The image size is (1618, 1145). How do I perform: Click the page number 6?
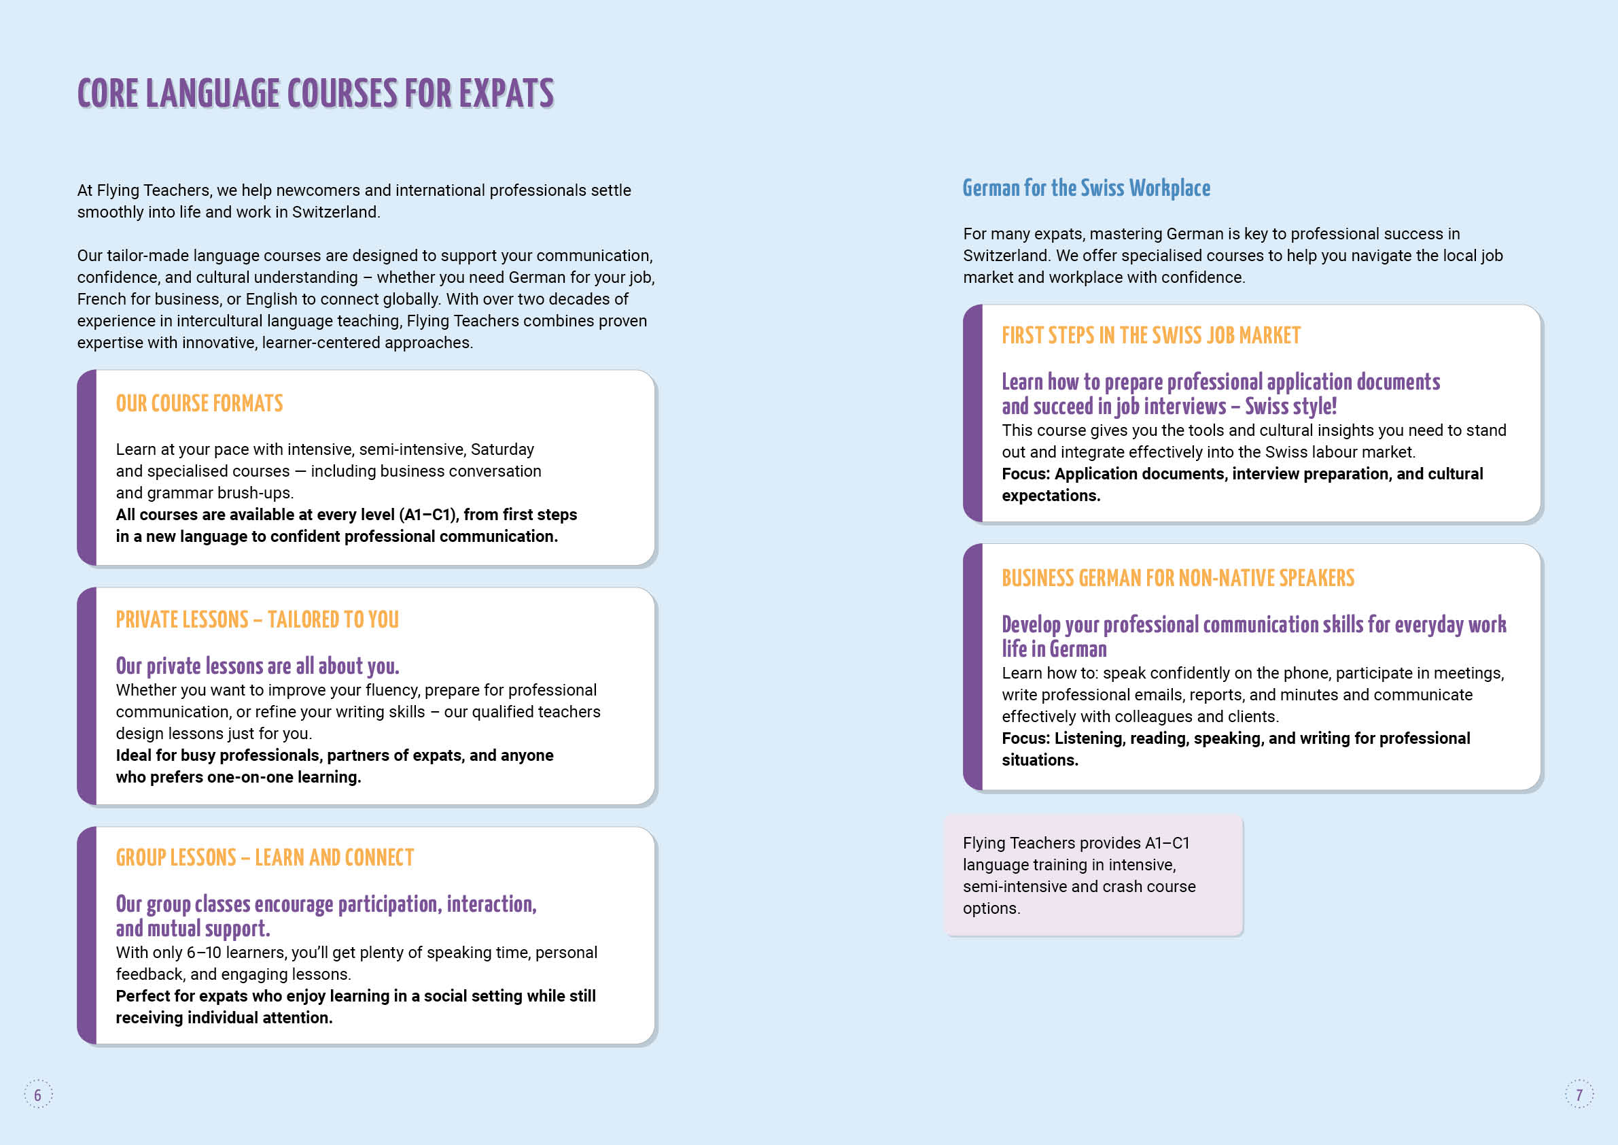pyautogui.click(x=38, y=1095)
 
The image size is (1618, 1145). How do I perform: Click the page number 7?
pyautogui.click(x=1579, y=1095)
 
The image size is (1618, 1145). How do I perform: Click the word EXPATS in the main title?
pyautogui.click(x=506, y=94)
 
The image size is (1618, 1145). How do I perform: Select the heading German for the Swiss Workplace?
pyautogui.click(x=1086, y=188)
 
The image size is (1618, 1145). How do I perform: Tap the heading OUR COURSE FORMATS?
pyautogui.click(x=199, y=403)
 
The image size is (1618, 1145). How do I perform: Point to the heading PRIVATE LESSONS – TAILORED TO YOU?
pyautogui.click(x=258, y=619)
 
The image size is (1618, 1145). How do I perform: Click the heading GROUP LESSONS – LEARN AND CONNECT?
pyautogui.click(x=265, y=857)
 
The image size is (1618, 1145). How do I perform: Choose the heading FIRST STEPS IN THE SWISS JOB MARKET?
pyautogui.click(x=1150, y=336)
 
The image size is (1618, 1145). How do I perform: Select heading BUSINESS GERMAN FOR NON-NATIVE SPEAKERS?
pyautogui.click(x=1178, y=578)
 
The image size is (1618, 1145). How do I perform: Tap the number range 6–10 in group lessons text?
pyautogui.click(x=204, y=953)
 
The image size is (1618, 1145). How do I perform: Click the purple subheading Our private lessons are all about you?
pyautogui.click(x=258, y=666)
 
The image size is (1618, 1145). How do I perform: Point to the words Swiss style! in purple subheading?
pyautogui.click(x=1290, y=407)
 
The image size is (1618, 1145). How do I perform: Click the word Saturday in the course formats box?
pyautogui.click(x=502, y=450)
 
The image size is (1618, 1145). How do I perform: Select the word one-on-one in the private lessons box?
pyautogui.click(x=250, y=777)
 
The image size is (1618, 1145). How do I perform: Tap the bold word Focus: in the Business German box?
pyautogui.click(x=1025, y=738)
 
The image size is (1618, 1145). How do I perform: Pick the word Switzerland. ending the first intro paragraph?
pyautogui.click(x=336, y=212)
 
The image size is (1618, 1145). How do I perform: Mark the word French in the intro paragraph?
pyautogui.click(x=100, y=299)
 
